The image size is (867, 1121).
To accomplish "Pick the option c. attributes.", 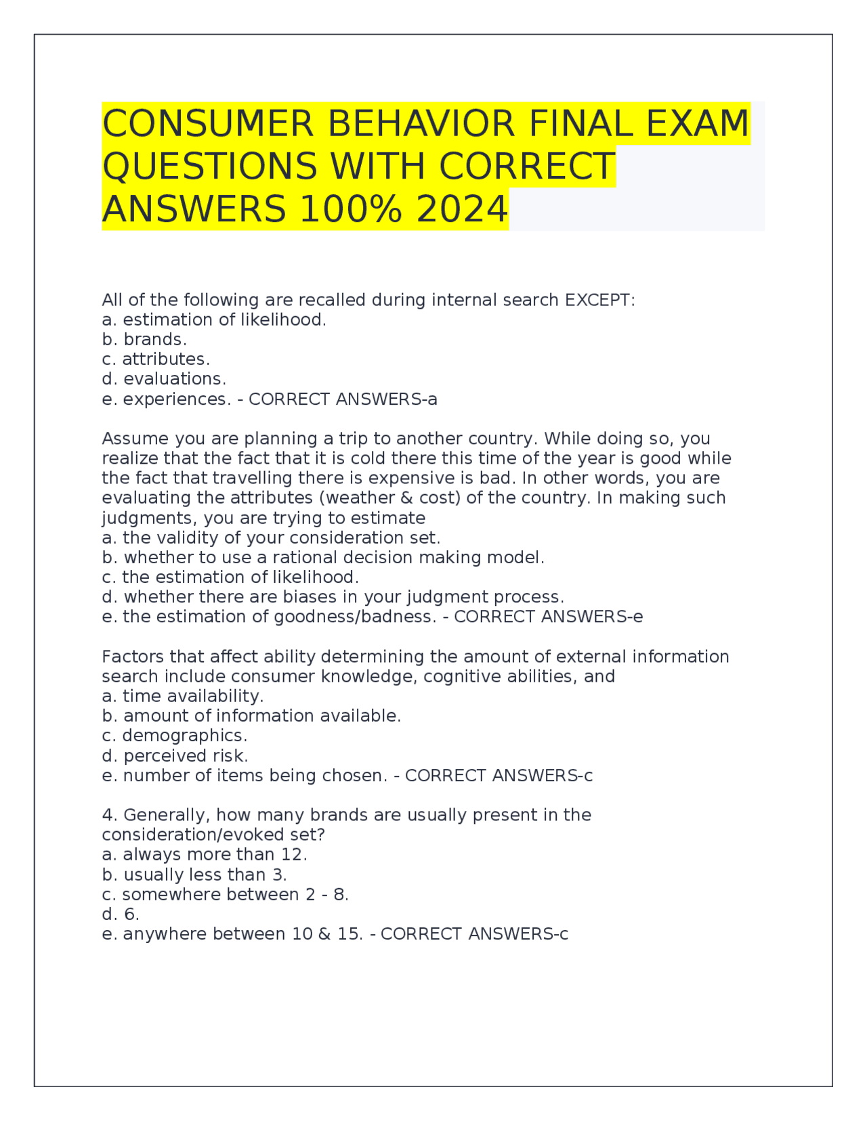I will coord(156,359).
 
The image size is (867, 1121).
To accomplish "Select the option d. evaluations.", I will coord(164,378).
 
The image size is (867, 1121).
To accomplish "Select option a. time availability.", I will coord(182,696).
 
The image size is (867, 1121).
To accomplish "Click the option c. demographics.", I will coord(174,735).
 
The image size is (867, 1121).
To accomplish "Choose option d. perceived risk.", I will coord(175,755).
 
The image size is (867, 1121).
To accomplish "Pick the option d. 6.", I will coord(121,914).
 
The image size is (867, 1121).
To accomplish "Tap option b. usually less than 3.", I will coord(194,875).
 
